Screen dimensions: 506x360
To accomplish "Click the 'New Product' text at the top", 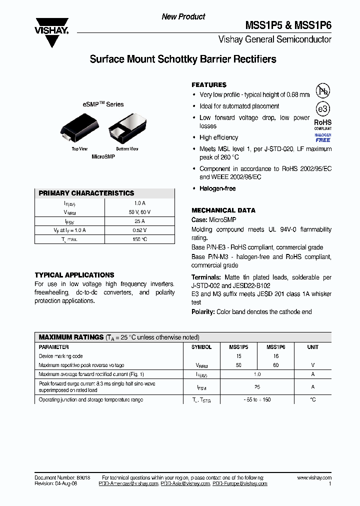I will [183, 16].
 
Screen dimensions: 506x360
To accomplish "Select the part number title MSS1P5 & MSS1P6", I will [288, 25].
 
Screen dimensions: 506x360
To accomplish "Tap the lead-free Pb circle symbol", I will [323, 91].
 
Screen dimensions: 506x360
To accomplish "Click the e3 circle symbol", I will [323, 109].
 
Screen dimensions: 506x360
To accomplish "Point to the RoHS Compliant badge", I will [323, 124].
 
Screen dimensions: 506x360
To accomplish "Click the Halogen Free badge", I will [323, 137].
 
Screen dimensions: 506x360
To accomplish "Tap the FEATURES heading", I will [209, 85].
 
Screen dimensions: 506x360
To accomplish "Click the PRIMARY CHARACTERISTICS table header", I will [86, 193].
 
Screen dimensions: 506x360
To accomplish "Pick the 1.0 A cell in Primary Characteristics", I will [139, 203].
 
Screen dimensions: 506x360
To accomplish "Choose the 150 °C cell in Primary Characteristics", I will [139, 239].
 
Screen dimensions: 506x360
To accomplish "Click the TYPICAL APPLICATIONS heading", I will [74, 275].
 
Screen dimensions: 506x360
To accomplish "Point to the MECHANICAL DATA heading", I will [223, 210].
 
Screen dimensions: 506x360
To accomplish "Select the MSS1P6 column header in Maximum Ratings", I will [275, 347].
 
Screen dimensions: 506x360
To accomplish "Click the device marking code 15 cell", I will [238, 356].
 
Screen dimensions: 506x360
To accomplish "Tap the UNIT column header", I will [312, 347].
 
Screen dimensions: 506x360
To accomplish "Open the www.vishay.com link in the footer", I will [314, 478].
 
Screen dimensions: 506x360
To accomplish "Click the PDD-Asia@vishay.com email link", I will [185, 484].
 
